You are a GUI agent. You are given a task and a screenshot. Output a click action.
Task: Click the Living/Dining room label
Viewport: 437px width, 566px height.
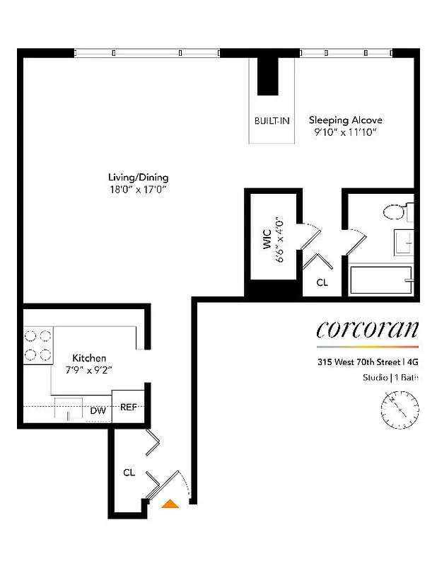click(x=138, y=177)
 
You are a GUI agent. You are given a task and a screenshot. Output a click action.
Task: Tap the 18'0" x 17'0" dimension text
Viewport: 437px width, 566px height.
click(x=138, y=190)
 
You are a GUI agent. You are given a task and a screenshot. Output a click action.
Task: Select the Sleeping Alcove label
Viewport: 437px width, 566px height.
click(x=345, y=120)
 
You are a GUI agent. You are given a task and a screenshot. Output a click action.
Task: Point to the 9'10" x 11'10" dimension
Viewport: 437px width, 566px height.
click(x=345, y=132)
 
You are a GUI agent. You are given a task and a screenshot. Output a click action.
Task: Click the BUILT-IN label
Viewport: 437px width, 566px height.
click(x=272, y=121)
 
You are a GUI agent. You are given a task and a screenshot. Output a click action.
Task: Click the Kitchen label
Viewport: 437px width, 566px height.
click(x=89, y=358)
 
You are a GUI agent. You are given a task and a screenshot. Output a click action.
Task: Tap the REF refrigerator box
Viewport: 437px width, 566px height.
click(x=128, y=407)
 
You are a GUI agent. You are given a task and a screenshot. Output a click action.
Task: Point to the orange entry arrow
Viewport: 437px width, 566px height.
click(x=170, y=504)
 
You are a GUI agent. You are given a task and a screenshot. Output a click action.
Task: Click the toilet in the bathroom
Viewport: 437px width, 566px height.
click(x=396, y=212)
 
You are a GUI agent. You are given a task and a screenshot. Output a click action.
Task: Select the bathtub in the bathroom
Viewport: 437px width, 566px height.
click(x=380, y=282)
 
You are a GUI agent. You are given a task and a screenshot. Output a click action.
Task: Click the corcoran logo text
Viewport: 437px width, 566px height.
click(x=367, y=329)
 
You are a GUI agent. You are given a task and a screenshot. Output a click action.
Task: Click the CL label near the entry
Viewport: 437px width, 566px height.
click(x=129, y=472)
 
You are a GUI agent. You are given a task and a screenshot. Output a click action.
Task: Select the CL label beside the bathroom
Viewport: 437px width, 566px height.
click(x=322, y=282)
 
